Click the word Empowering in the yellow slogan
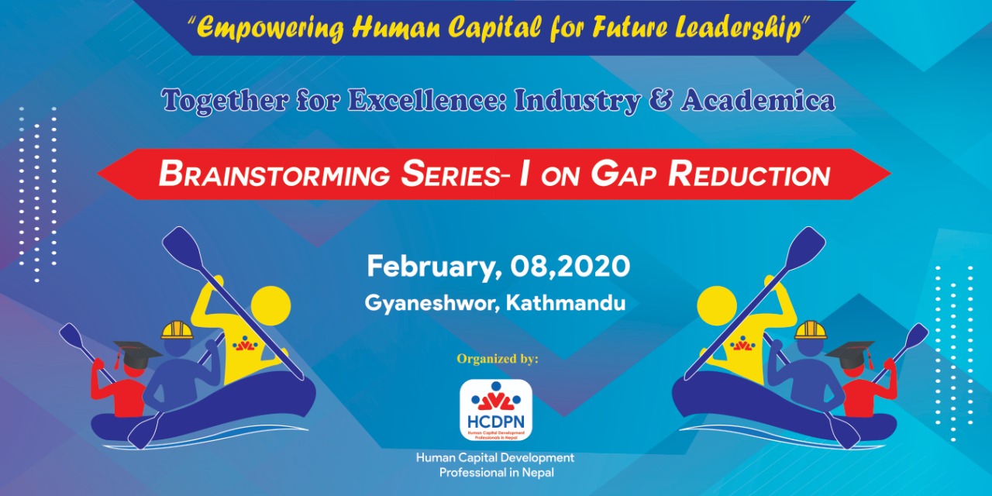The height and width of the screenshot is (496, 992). click(x=270, y=27)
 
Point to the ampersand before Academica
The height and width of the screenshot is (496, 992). click(x=660, y=100)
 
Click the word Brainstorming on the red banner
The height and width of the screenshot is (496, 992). click(x=274, y=174)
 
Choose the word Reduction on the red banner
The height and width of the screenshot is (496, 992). click(x=749, y=174)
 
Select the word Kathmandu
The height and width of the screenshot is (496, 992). click(x=566, y=303)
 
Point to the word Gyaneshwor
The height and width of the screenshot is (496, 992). click(x=432, y=304)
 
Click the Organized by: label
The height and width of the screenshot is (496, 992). click(x=498, y=358)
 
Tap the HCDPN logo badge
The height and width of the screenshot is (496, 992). click(x=495, y=410)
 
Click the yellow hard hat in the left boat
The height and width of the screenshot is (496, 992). click(x=177, y=330)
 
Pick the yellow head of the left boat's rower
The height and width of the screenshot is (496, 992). click(x=270, y=306)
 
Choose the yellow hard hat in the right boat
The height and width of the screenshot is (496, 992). click(x=811, y=330)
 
